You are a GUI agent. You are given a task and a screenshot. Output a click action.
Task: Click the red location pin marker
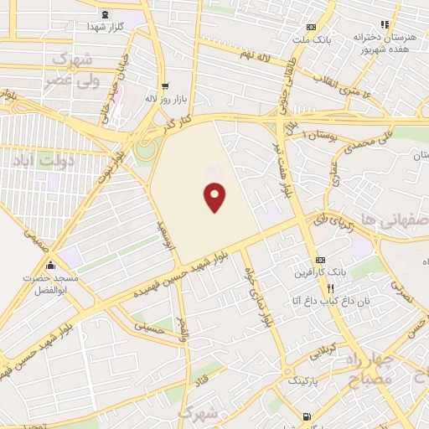(x=215, y=198)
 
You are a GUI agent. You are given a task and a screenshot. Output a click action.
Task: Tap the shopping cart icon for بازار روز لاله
(x=164, y=85)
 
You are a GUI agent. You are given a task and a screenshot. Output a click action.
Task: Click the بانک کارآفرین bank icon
(x=318, y=260)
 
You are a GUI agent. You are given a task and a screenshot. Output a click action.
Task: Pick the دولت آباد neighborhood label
(x=47, y=159)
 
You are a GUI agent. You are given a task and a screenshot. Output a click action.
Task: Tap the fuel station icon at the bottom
(x=306, y=416)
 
